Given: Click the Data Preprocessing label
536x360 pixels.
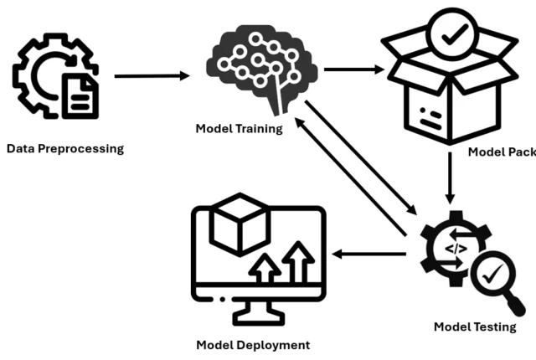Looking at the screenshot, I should point(64,149).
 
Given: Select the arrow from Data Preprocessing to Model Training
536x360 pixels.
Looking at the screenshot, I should point(152,76).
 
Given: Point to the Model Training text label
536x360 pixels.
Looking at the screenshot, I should point(239,128).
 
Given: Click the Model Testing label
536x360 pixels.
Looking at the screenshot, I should point(475,327).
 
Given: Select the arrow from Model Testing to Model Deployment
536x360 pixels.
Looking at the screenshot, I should point(374,254).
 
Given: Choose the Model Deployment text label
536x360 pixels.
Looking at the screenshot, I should point(253,345).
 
